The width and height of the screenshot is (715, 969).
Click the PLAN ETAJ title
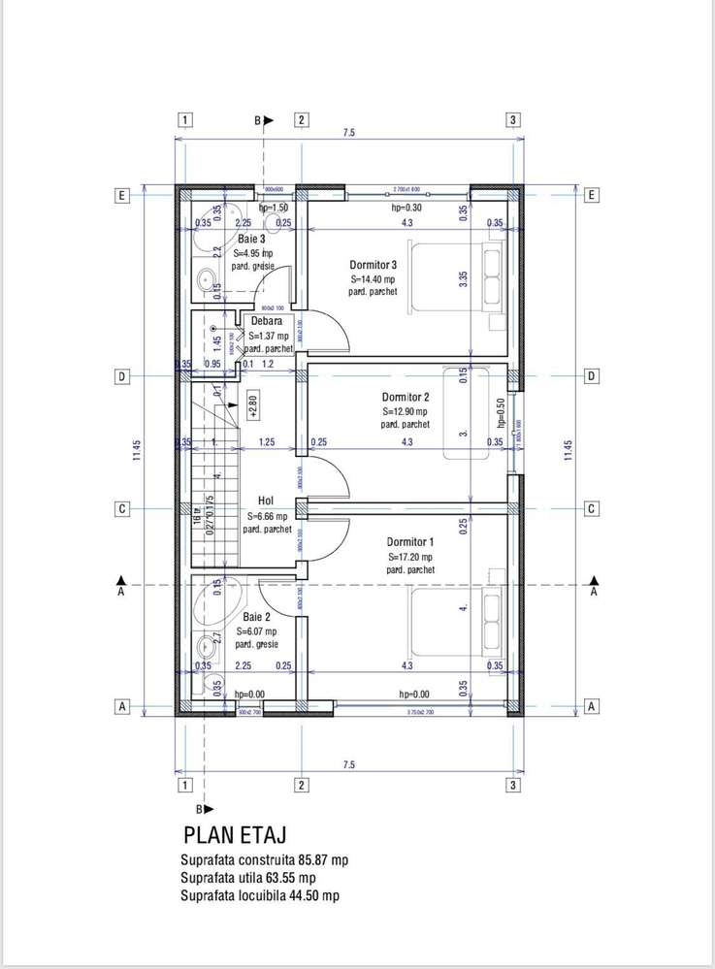234,834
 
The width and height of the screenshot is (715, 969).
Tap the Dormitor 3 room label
374,265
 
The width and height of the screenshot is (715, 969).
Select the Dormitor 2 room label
405,397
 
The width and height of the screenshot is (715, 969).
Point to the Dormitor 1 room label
410,541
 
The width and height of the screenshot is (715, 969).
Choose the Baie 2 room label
256,616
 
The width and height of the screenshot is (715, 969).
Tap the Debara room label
266,321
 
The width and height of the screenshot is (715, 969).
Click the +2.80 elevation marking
253,404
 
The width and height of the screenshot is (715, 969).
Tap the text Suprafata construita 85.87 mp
264,860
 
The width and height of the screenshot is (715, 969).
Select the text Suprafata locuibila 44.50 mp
260,895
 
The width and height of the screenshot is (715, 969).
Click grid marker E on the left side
121,195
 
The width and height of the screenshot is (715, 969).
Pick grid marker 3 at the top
513,119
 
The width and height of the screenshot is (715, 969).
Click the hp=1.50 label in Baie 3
274,208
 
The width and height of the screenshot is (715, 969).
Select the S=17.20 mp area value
410,557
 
